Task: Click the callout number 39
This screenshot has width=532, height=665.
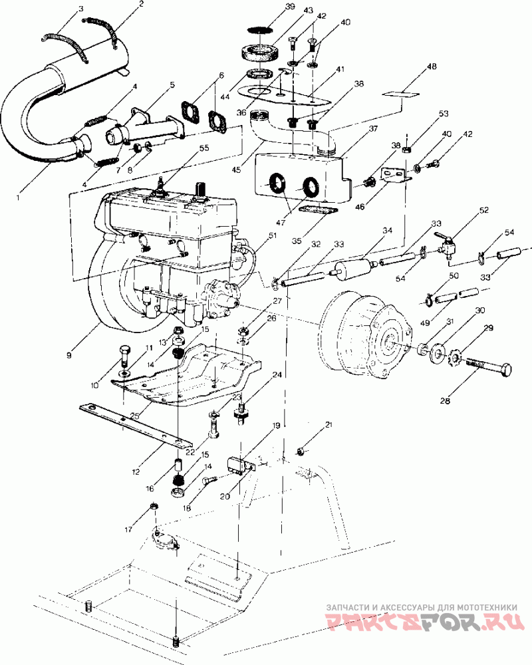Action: pos(290,7)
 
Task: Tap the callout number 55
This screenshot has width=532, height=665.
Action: pos(204,148)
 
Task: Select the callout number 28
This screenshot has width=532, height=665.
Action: pos(445,400)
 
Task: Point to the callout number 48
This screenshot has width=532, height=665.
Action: pos(432,66)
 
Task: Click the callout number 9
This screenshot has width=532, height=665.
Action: pos(68,355)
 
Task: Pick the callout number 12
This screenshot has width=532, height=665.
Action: pos(136,471)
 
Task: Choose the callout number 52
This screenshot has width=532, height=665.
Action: pos(483,210)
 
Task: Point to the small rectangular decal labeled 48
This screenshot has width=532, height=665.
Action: pos(400,94)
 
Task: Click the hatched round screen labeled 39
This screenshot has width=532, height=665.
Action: pos(259,30)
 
